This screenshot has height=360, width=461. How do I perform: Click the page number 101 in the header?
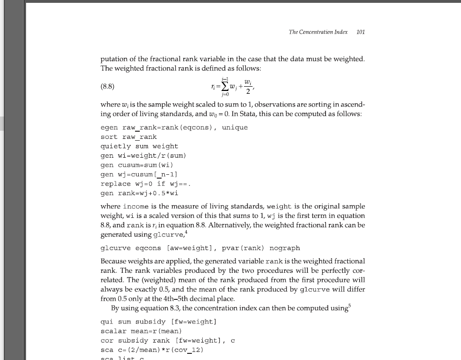tap(361, 32)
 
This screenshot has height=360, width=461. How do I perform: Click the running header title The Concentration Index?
tap(318, 32)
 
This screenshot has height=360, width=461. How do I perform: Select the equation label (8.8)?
tap(108, 87)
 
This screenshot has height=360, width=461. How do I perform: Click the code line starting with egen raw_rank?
tap(174, 127)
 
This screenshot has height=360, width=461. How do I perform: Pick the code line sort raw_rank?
tap(128, 137)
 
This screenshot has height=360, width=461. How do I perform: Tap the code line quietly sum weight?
tap(139, 146)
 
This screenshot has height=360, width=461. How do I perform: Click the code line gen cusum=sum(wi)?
tap(137, 165)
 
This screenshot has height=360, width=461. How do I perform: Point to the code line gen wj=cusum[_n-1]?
tap(139, 174)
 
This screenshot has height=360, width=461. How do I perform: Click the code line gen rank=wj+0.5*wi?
tap(139, 193)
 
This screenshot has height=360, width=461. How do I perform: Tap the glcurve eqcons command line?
tap(200, 248)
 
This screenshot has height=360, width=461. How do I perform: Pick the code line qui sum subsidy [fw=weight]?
tap(158, 322)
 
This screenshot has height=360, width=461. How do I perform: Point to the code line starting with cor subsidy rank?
tap(168, 341)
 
